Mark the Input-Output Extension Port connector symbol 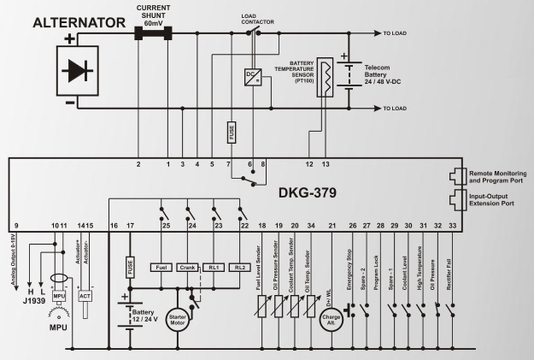(x=455, y=200)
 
